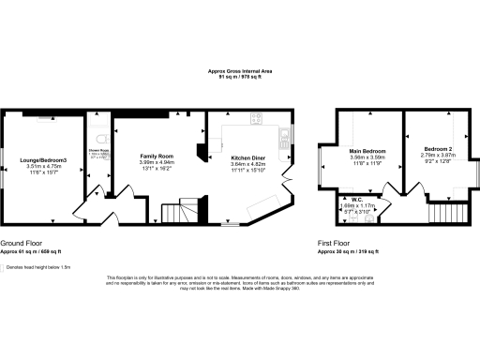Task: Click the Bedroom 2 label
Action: click(438, 150)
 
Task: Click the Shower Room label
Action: click(97, 150)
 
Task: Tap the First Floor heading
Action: click(335, 245)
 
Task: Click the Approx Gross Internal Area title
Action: click(241, 72)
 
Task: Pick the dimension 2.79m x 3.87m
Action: click(438, 157)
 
